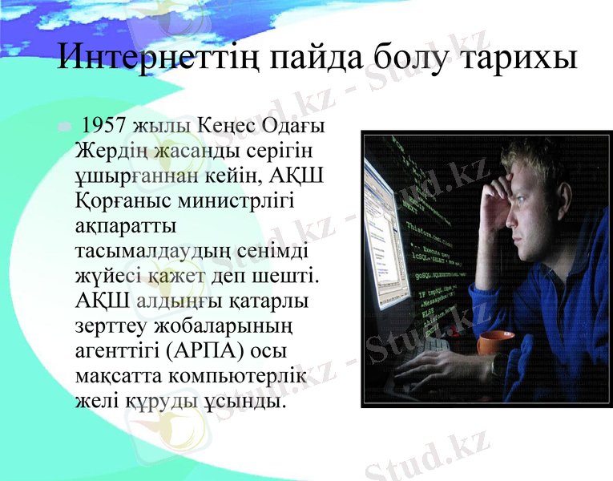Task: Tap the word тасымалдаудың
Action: (x=147, y=250)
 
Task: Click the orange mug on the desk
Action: (x=496, y=344)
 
